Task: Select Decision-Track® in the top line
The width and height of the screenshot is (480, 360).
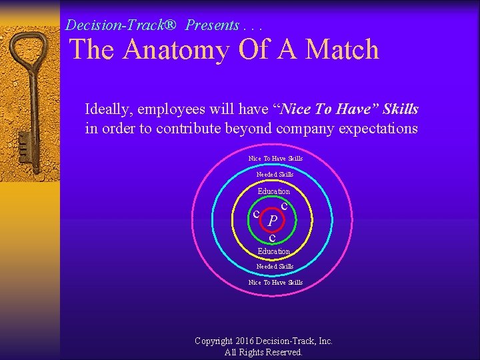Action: click(121, 25)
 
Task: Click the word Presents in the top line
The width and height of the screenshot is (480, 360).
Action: click(213, 25)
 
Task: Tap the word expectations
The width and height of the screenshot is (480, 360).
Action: click(378, 129)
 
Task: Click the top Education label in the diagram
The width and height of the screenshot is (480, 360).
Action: click(274, 191)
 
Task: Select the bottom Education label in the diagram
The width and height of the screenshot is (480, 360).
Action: click(274, 251)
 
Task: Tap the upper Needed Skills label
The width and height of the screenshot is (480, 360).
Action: click(275, 175)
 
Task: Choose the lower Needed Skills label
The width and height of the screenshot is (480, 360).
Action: click(275, 267)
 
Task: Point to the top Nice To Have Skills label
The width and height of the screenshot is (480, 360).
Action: click(275, 159)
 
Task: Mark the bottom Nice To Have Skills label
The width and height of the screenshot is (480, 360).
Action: click(275, 283)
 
